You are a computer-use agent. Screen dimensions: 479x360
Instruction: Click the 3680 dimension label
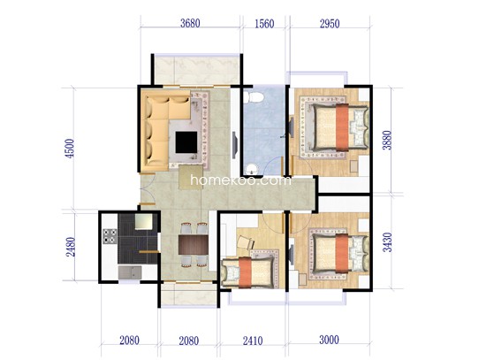pos(190,23)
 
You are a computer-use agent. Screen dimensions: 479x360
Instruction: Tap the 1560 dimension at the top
pos(264,24)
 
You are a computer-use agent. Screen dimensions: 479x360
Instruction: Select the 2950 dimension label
pos(330,24)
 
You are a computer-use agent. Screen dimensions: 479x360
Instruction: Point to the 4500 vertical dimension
pos(70,149)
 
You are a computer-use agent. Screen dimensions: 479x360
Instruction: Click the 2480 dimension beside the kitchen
pos(71,247)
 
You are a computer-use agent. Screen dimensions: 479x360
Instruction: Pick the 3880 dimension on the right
pos(387,140)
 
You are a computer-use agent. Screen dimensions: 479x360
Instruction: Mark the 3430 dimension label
pos(387,242)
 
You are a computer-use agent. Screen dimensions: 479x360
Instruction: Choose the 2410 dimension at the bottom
pos(253,341)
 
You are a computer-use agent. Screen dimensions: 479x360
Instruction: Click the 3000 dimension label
pos(329,340)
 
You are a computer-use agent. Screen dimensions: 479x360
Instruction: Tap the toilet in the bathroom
pos(255,97)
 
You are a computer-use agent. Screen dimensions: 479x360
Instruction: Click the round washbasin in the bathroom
pos(252,169)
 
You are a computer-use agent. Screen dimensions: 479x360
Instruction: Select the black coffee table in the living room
pos(186,142)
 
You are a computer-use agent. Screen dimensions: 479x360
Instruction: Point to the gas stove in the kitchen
pos(110,236)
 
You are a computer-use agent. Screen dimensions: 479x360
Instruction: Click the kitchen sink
pos(130,272)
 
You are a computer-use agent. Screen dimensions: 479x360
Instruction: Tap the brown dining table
pos(194,244)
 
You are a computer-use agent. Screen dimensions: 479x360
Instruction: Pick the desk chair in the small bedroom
pos(246,242)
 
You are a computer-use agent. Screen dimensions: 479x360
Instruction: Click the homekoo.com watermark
pos(240,180)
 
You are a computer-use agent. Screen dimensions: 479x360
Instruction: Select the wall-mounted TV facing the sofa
pos(234,145)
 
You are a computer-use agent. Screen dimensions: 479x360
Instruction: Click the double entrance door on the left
pos(148,188)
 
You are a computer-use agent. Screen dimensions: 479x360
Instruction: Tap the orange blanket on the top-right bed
pos(342,127)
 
